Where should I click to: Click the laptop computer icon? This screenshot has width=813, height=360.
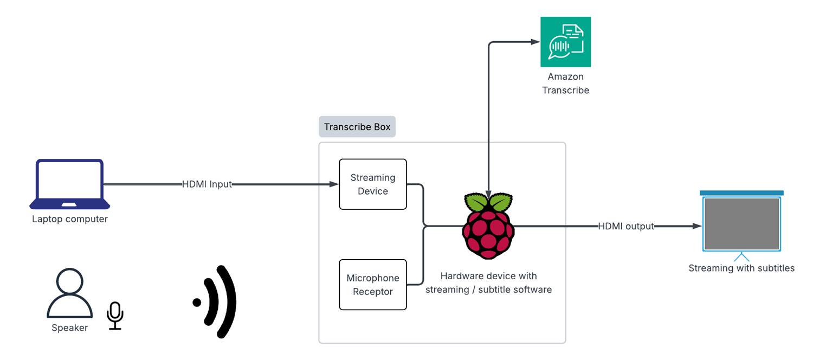click(69, 184)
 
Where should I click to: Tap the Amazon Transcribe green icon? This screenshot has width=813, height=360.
click(565, 42)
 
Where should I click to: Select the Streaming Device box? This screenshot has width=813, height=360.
click(373, 184)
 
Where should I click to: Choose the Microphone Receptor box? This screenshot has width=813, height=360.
click(373, 285)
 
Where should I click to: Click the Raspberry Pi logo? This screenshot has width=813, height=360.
click(488, 224)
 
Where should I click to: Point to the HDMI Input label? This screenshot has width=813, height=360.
click(207, 184)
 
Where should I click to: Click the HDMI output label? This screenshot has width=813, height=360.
click(626, 226)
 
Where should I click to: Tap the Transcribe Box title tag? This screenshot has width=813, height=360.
click(357, 127)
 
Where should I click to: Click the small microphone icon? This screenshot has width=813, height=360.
click(115, 315)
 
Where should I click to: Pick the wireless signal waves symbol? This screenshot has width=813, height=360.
click(217, 301)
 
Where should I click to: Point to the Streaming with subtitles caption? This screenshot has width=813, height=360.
click(741, 268)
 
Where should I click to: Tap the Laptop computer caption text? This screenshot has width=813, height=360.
click(70, 220)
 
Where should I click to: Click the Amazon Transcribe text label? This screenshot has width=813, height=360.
click(565, 83)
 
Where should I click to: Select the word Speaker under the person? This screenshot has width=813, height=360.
click(69, 328)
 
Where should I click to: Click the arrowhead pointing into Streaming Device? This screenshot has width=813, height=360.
click(334, 184)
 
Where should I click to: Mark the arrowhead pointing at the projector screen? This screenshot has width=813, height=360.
click(698, 226)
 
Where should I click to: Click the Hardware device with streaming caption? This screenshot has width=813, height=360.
click(488, 283)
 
